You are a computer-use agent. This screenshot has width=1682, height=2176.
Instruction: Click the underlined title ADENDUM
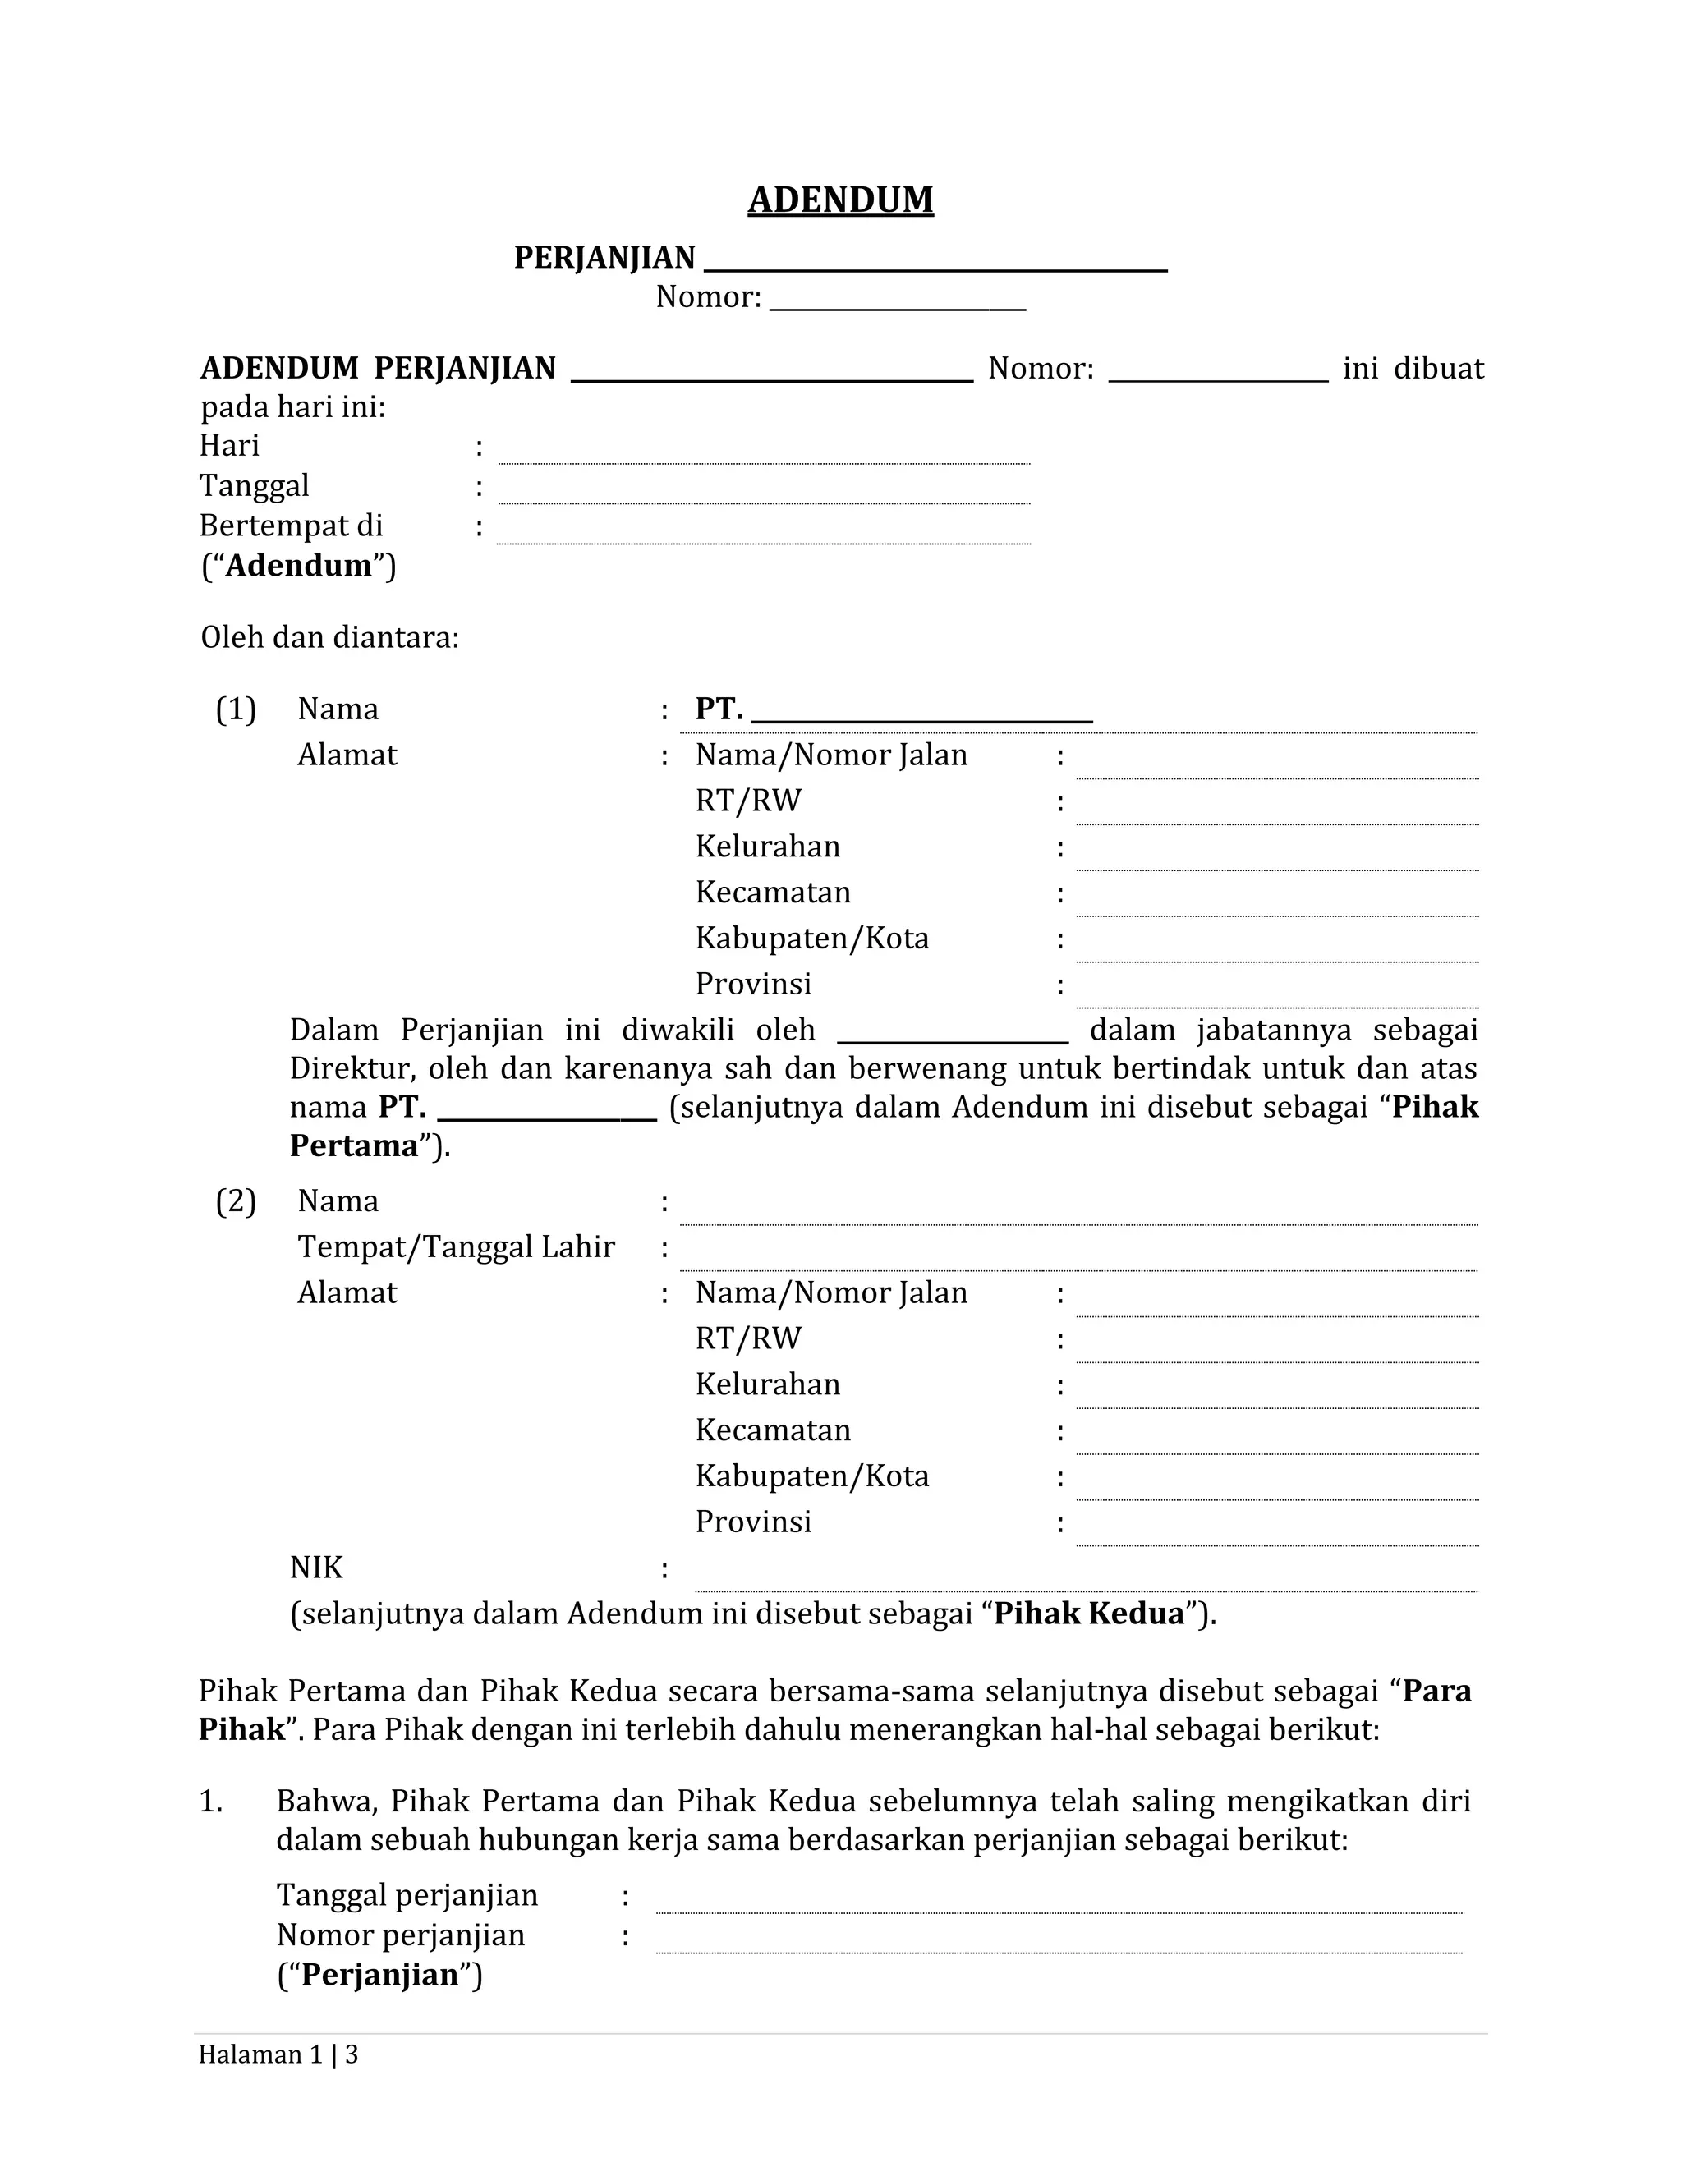[840, 200]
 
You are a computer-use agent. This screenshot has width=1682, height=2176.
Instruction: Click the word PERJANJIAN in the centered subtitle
[604, 258]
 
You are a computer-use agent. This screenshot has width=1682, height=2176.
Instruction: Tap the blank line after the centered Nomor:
[897, 304]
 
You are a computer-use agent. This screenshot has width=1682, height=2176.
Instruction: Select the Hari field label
[229, 445]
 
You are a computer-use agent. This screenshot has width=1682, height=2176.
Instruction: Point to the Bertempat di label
[291, 525]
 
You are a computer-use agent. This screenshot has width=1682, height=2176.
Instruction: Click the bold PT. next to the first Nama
[719, 709]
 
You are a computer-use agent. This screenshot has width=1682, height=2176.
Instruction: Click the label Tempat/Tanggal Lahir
[455, 1246]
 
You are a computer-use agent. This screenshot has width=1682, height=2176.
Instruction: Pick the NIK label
[316, 1568]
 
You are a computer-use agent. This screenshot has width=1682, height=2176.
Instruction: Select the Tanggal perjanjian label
[407, 1894]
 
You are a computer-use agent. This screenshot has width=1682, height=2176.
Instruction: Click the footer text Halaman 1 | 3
[278, 2054]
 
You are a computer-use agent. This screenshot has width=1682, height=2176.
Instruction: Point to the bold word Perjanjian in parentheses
[379, 1974]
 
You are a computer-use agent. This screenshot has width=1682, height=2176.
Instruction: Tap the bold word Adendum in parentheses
[299, 565]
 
